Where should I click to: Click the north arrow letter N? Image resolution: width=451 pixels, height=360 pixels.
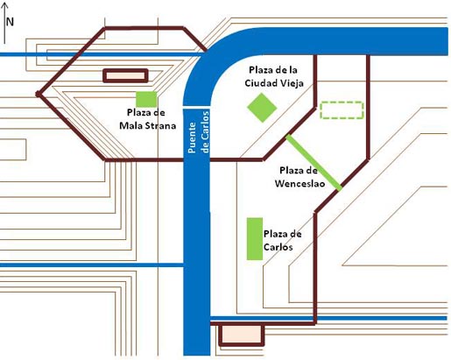10,22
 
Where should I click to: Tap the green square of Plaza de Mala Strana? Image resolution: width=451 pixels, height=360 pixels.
146,99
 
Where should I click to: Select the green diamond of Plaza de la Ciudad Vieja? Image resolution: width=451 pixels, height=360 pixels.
262,108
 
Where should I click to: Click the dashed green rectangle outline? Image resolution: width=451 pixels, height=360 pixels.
342,110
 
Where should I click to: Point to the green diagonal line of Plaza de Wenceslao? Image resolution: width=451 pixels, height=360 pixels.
314,162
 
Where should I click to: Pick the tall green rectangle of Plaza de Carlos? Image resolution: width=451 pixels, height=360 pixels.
255,239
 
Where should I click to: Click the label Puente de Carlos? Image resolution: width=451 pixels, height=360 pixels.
199,132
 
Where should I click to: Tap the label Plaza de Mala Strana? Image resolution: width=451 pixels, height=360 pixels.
147,119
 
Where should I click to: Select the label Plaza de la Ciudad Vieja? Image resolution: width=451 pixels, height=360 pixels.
274,76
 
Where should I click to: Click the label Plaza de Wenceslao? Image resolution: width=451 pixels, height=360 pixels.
299,177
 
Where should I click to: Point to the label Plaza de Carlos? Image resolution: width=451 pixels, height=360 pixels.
282,240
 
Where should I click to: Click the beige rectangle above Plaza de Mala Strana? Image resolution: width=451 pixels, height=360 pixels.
125,76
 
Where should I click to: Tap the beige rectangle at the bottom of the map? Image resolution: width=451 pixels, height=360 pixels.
242,335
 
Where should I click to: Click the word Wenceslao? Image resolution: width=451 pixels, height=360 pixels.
299,183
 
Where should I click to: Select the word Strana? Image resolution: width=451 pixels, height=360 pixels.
161,125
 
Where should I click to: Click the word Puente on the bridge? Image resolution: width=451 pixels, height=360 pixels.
192,138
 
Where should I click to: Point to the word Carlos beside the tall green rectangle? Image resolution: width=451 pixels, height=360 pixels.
278,247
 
